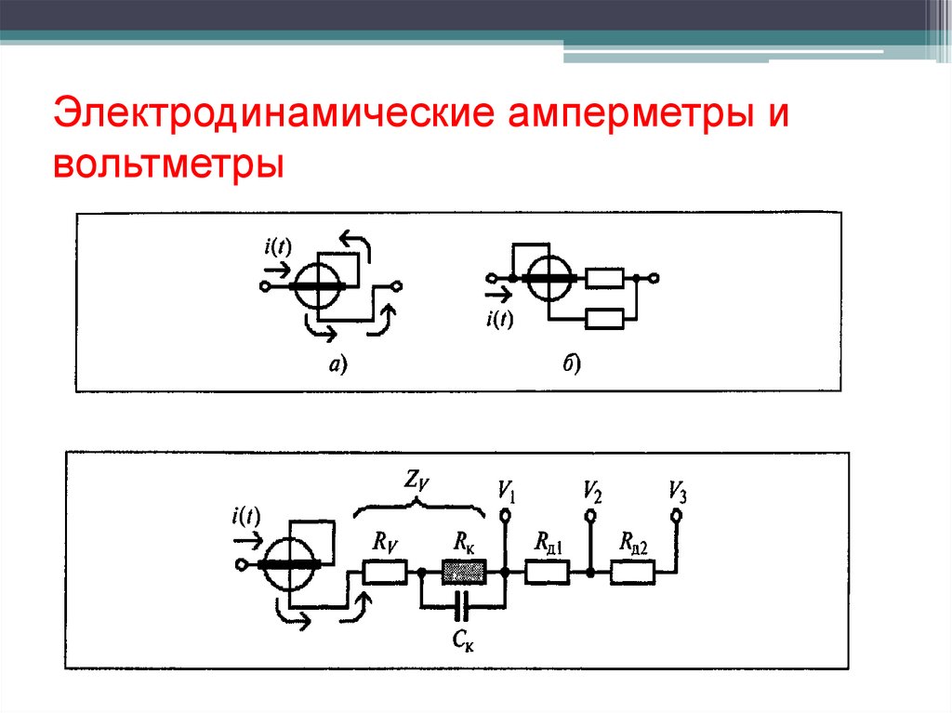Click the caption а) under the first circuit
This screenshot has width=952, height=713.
point(336,365)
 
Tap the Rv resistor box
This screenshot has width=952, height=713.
point(384,573)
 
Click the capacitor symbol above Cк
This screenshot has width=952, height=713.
point(462,608)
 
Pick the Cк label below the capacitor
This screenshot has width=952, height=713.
point(463,640)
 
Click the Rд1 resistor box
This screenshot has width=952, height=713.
point(548,573)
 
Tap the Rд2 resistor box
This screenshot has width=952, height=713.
point(632,573)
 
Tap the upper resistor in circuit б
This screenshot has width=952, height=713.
point(606,278)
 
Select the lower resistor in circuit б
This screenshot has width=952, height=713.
point(606,318)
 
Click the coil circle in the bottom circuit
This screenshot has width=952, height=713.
point(289,565)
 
